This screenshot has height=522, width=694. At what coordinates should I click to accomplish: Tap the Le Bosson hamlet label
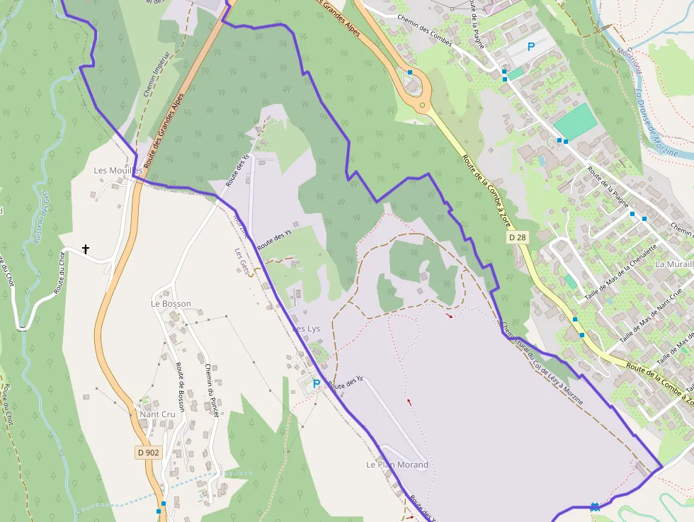coord(171,304)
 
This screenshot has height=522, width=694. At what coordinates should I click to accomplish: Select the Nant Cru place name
coord(157,414)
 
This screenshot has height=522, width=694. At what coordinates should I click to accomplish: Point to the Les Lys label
coord(306,329)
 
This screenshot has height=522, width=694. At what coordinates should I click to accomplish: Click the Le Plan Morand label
coord(397,465)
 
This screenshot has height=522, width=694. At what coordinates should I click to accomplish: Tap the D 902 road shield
coord(148,452)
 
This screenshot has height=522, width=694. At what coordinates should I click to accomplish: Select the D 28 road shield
coord(518,238)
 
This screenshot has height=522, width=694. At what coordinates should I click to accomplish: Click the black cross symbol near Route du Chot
coord(86,249)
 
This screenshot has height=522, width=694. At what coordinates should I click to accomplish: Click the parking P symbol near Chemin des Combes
coord(531,47)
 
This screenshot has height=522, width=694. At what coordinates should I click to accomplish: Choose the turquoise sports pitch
coord(575,123)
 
